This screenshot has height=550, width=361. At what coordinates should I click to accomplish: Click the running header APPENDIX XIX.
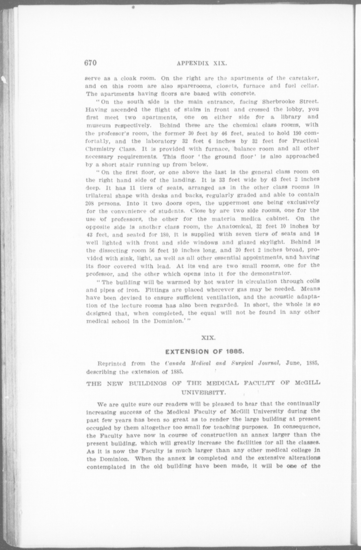202,64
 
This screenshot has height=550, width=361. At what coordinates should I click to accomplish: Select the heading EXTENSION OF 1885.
204,351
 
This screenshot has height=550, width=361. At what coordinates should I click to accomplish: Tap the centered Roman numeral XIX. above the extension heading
208,338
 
